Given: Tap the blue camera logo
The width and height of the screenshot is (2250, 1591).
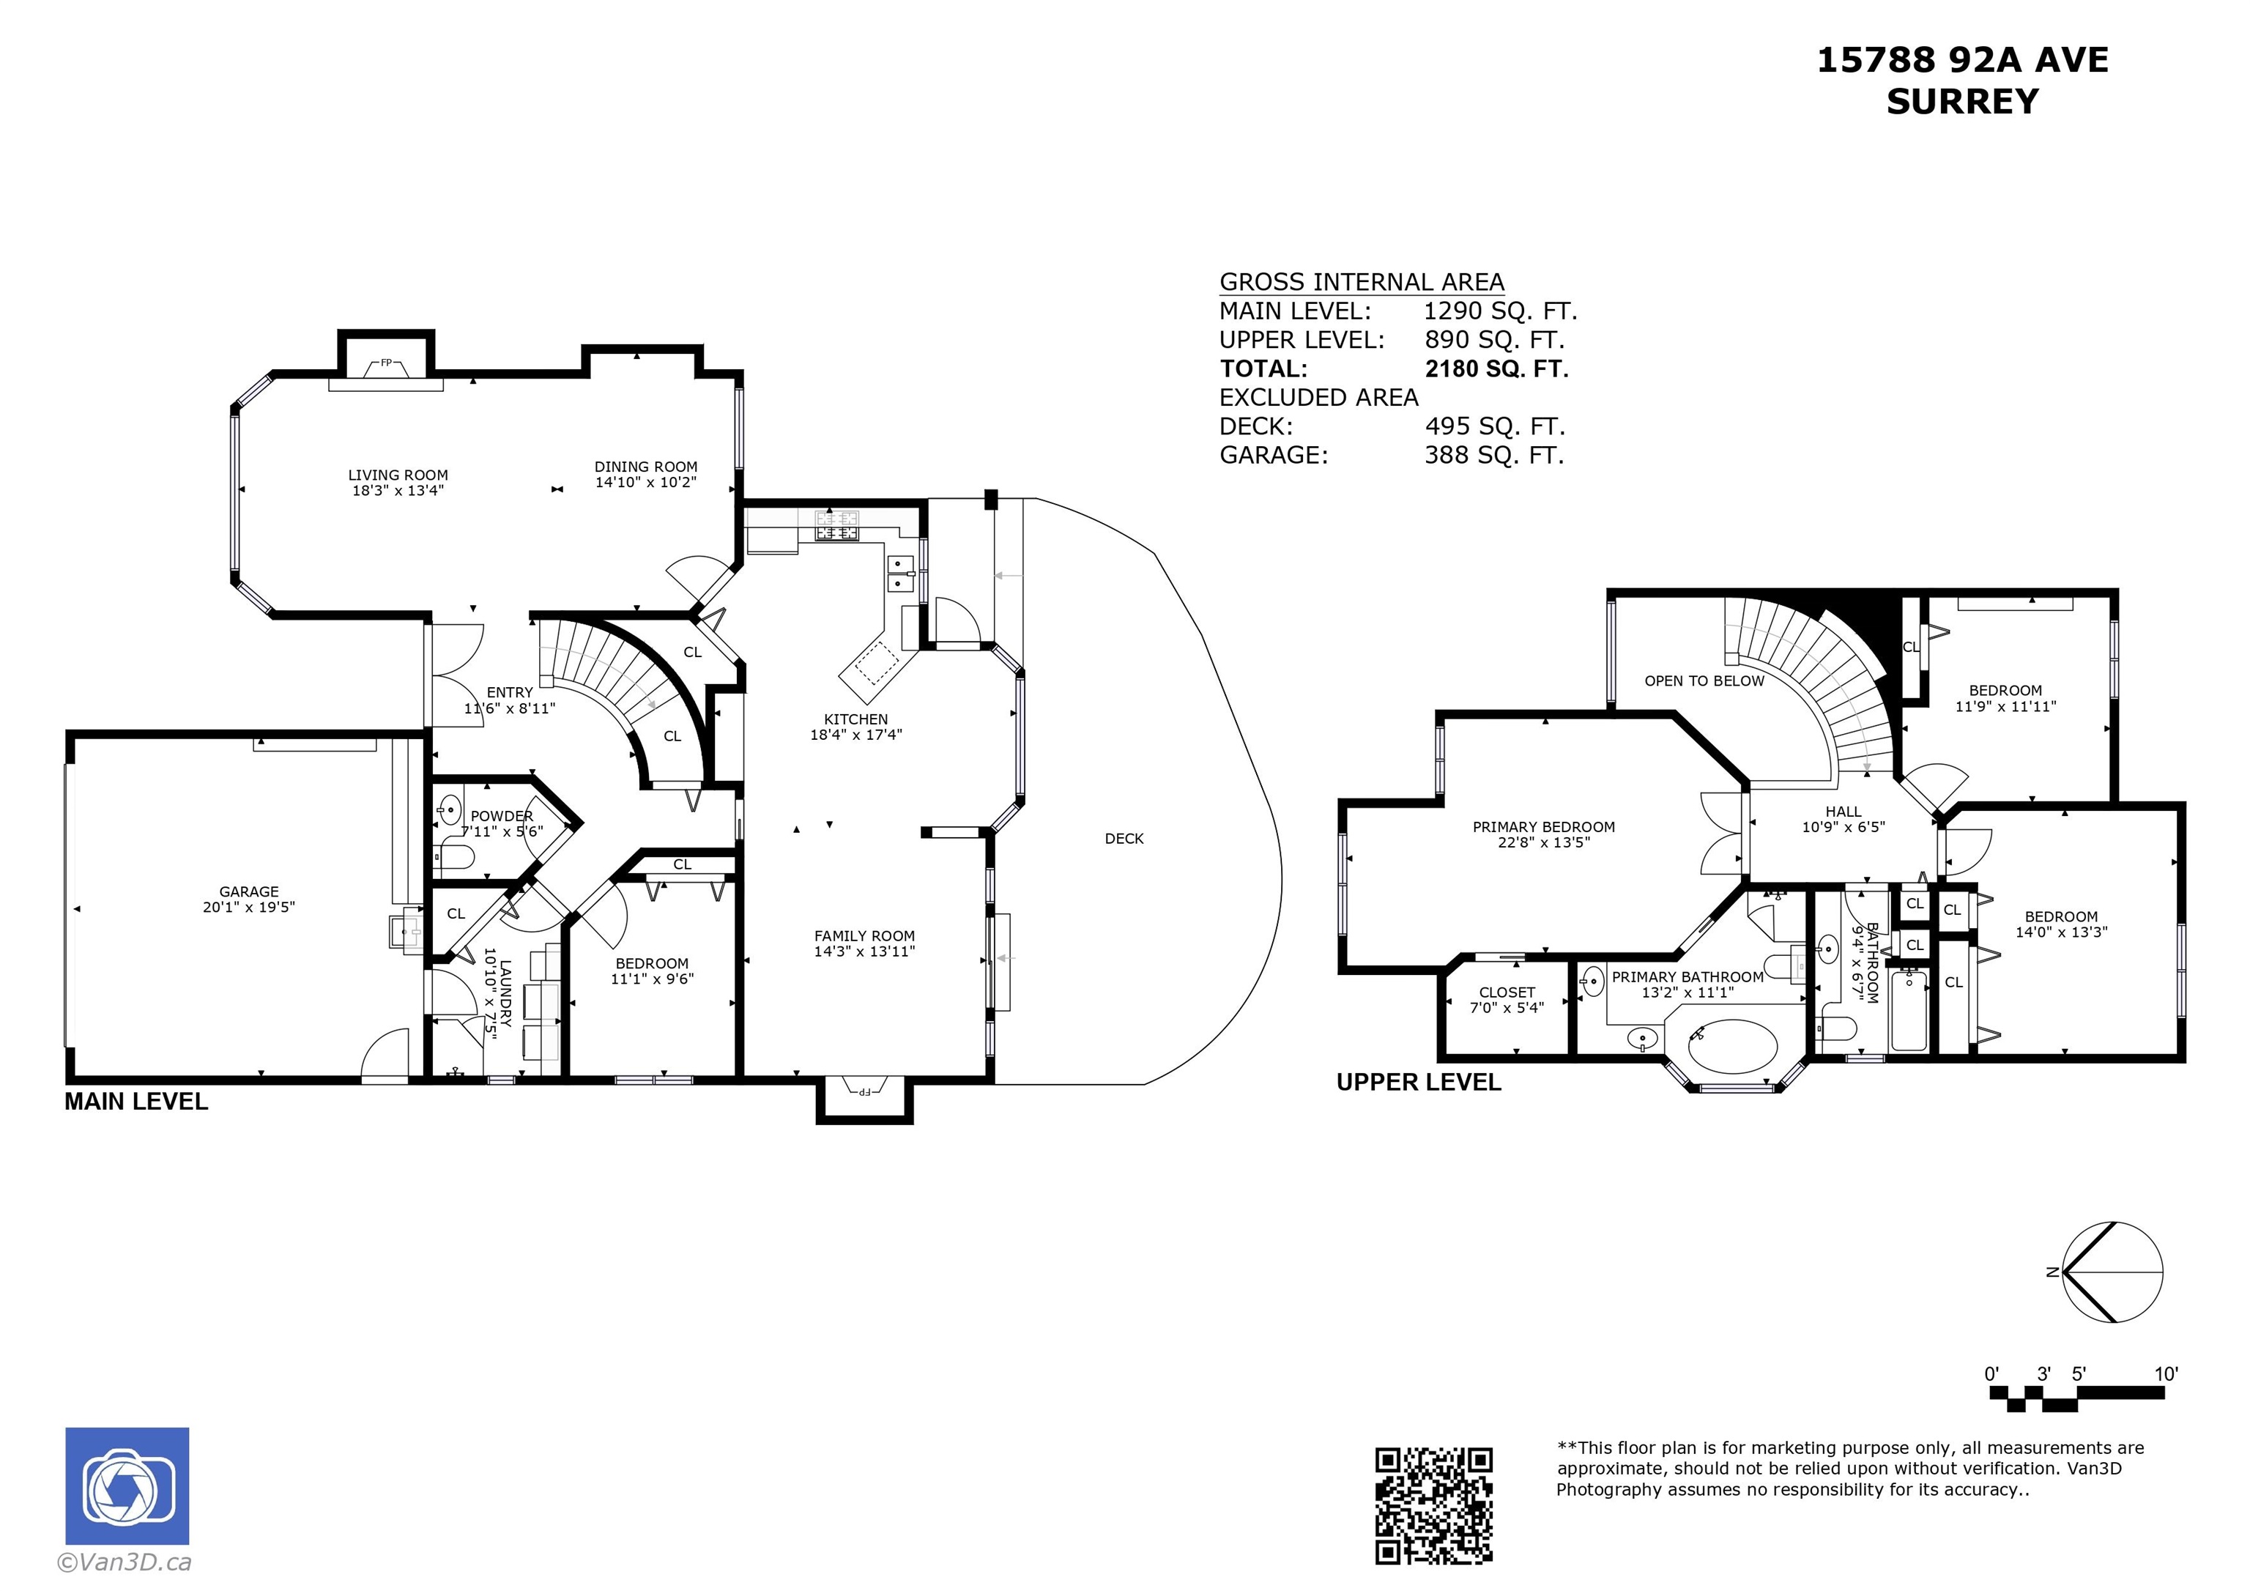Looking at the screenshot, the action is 127,1486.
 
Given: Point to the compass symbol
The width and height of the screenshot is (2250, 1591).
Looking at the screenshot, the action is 2111,1272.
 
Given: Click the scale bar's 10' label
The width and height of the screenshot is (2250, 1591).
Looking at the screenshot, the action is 2166,1373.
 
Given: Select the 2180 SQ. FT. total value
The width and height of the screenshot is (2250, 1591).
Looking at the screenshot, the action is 1496,368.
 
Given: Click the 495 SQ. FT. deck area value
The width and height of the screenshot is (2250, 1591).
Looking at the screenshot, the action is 1494,426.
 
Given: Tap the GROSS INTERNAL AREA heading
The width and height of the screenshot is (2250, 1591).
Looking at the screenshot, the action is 1361,282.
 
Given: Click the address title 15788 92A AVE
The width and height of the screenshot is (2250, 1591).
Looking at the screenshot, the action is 1963,60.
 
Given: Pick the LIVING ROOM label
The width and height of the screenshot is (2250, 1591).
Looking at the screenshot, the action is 398,475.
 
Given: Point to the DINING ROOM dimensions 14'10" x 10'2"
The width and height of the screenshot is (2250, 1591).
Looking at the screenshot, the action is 646,482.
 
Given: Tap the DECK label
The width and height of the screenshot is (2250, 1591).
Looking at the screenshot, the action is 1124,838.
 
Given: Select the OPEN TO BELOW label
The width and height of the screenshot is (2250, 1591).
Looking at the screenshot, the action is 1704,681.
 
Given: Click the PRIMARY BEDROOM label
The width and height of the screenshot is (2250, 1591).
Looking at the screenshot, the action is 1543,827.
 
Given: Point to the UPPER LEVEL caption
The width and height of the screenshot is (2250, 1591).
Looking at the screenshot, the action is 1418,1082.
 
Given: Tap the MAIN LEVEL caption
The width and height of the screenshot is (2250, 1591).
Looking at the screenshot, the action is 136,1102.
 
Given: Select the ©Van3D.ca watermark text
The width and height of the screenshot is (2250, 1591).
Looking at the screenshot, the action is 125,1562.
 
